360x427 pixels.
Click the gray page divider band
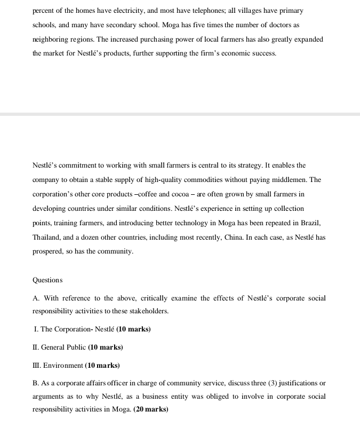(x=180, y=114)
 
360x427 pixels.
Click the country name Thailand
(x=47, y=237)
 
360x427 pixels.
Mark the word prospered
(x=51, y=251)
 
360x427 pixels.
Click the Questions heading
(x=47, y=280)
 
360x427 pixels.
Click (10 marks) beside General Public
(x=106, y=347)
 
